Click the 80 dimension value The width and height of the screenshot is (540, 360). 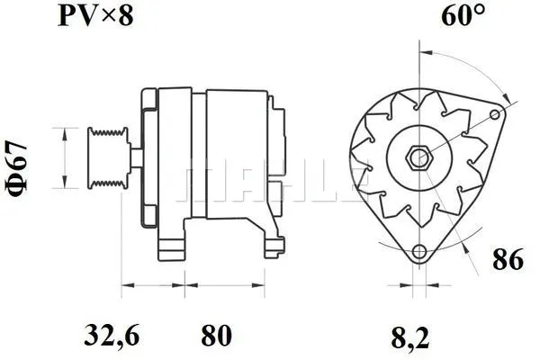click(215, 336)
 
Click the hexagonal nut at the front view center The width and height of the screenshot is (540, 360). click(418, 159)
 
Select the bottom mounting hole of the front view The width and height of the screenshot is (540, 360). click(418, 252)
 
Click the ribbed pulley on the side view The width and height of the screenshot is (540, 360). click(105, 158)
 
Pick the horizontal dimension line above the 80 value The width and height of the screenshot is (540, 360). click(216, 289)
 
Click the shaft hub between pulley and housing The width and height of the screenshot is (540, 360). click(133, 159)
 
